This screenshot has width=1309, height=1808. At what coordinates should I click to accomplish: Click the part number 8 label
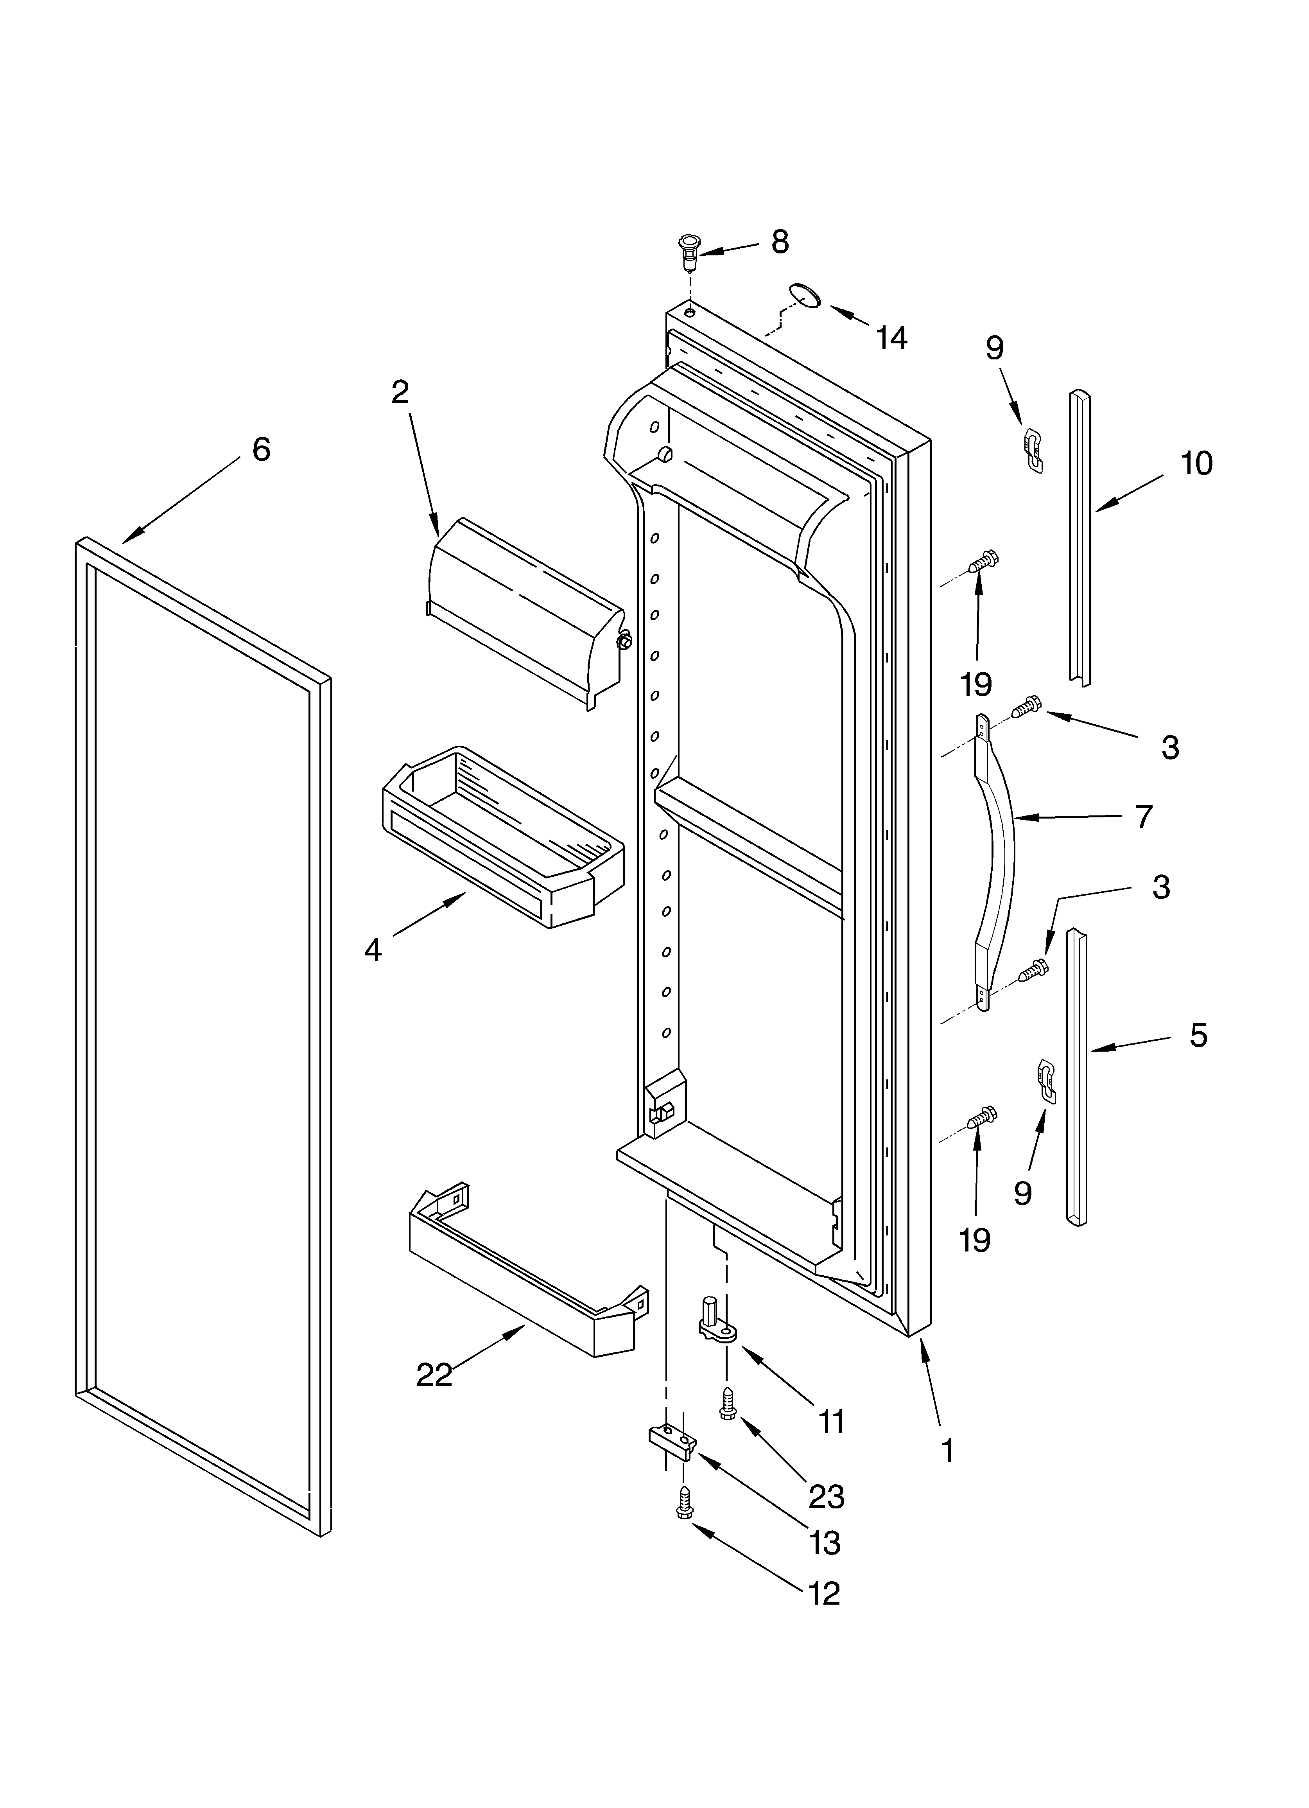click(780, 242)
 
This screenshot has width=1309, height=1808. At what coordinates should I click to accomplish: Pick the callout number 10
click(1196, 463)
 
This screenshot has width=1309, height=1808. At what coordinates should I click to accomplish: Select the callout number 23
click(826, 1497)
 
